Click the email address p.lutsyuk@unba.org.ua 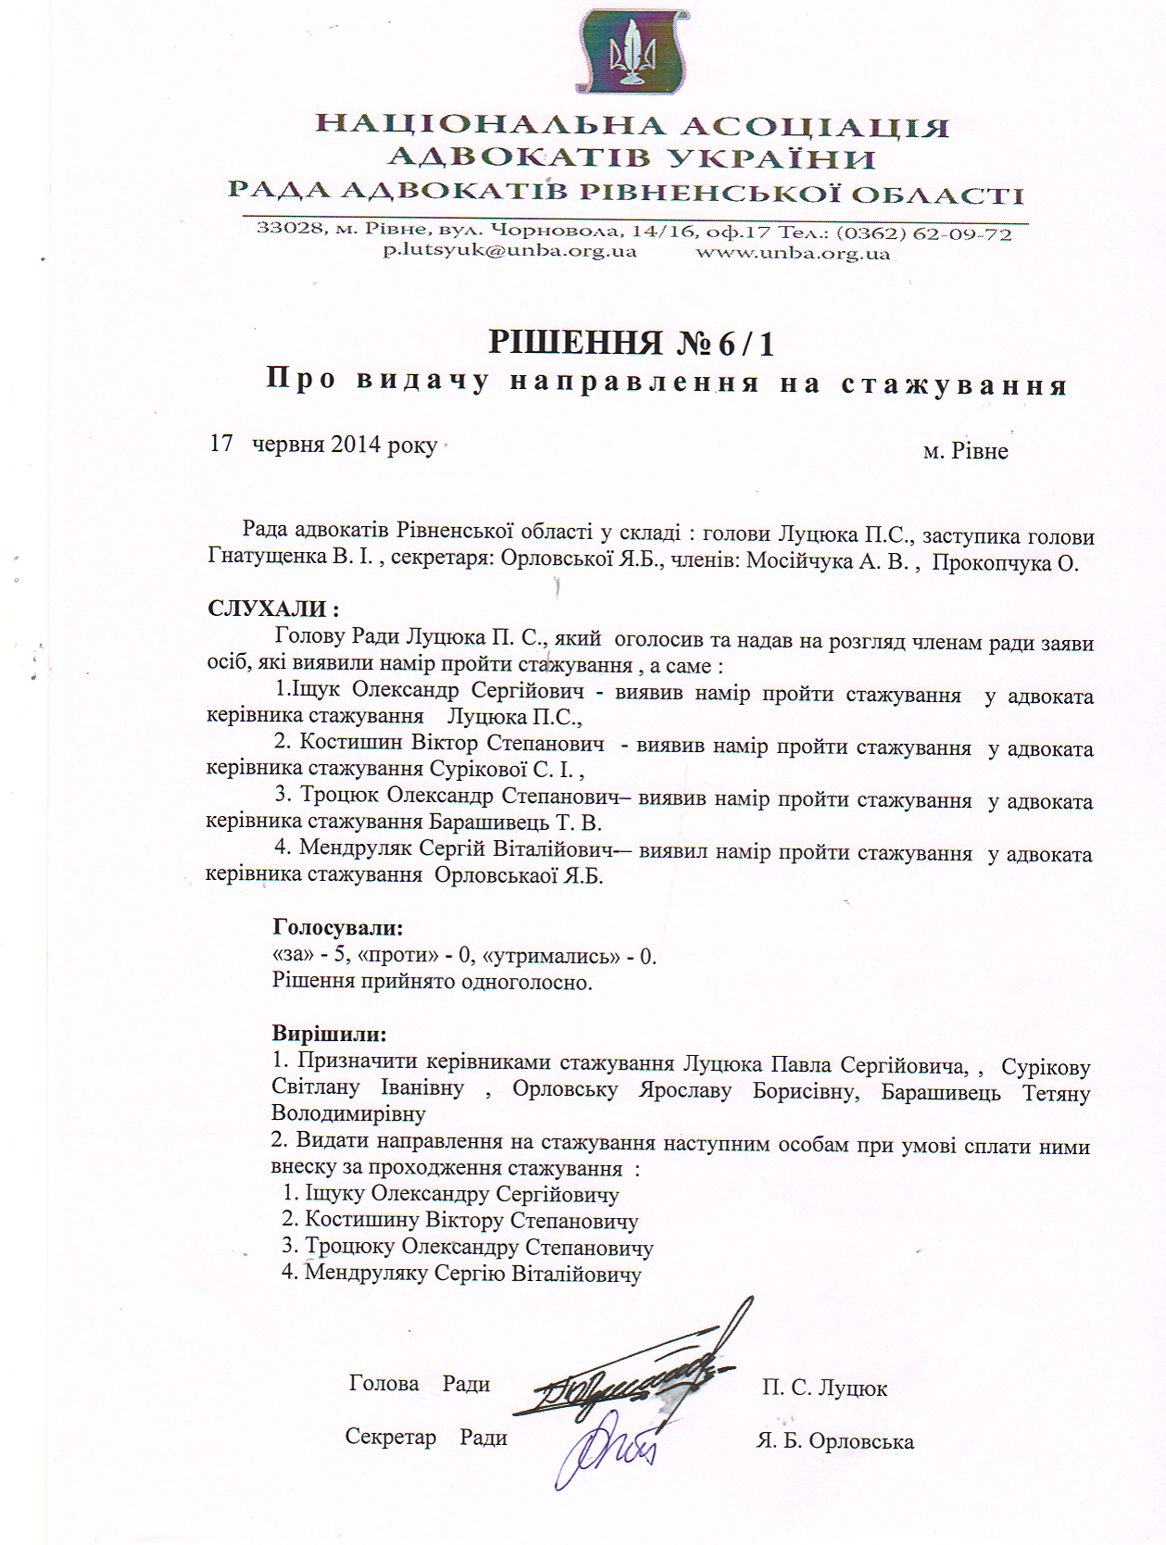click(510, 251)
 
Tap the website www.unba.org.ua click(793, 253)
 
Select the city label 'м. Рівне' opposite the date click(965, 451)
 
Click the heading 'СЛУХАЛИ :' click(273, 609)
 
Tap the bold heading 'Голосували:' click(337, 927)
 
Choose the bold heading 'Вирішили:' click(329, 1034)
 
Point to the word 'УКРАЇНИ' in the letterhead click(771, 158)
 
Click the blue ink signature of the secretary click(607, 1445)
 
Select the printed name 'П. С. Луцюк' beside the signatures click(824, 1388)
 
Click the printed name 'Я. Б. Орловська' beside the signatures click(834, 1441)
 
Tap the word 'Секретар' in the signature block click(390, 1437)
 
